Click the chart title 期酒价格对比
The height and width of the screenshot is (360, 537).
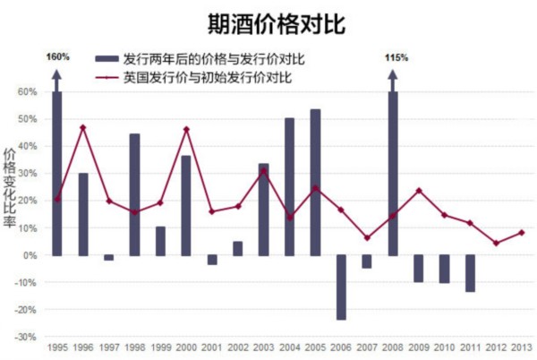[268, 21]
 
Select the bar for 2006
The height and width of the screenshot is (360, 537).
[341, 287]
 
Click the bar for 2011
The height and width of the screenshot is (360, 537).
[470, 273]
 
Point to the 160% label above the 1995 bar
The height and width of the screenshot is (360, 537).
[57, 57]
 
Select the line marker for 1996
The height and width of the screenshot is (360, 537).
[83, 127]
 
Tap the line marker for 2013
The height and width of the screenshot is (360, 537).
[522, 233]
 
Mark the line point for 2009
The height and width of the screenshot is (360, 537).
[418, 191]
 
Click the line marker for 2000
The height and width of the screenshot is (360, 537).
[186, 129]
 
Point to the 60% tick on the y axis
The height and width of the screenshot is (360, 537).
[26, 91]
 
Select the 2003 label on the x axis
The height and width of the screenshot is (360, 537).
[264, 348]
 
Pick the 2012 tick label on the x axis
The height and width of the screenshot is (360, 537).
[496, 348]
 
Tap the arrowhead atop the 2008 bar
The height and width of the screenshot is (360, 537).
[392, 73]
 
